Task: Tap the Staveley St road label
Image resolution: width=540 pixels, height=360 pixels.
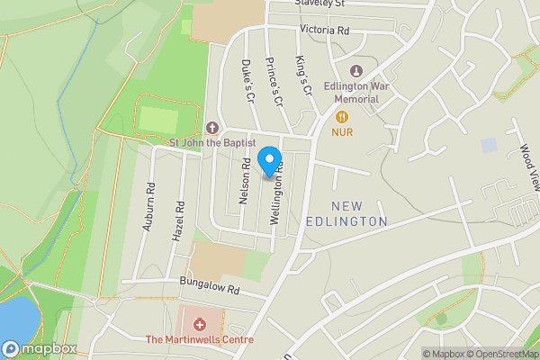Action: [x=321, y=4]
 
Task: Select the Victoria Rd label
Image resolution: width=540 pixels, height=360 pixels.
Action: [x=324, y=30]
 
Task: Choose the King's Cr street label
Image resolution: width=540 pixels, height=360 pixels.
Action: [x=302, y=76]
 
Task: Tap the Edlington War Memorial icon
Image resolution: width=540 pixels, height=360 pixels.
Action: [x=355, y=71]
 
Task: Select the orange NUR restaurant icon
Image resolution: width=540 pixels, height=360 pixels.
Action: [x=342, y=116]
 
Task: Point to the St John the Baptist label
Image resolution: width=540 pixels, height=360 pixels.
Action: [x=213, y=143]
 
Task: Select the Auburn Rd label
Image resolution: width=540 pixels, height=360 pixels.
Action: [x=150, y=208]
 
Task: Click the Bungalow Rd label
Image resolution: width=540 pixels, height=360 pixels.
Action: [x=209, y=290]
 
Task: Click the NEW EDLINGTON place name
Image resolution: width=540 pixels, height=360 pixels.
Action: [x=359, y=213]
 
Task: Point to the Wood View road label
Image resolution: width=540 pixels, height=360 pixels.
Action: [x=527, y=166]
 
